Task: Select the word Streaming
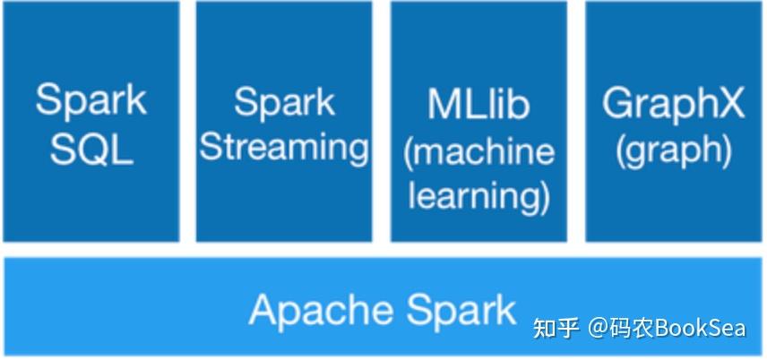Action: (284, 148)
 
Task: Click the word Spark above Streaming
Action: (284, 102)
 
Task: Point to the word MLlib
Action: (478, 104)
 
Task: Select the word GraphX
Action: (674, 104)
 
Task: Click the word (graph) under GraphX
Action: (674, 151)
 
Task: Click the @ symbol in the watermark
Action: (599, 328)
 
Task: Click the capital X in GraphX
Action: (730, 104)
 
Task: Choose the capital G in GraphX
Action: (618, 104)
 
